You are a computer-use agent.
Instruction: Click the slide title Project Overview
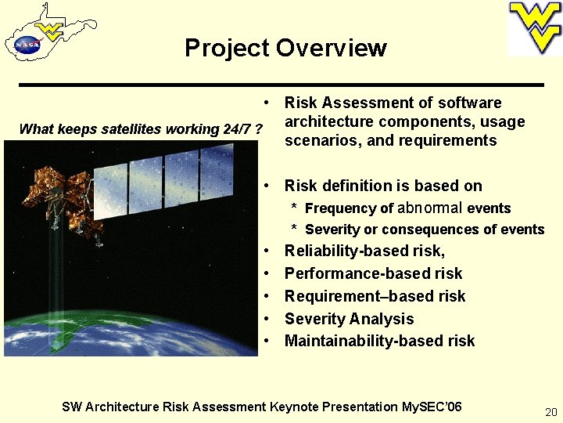285,48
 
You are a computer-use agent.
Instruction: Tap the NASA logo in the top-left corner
27,45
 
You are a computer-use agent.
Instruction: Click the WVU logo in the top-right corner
535,28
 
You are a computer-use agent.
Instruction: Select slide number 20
549,412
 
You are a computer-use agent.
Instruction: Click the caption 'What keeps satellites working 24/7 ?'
140,129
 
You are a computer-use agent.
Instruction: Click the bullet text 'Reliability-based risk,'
364,251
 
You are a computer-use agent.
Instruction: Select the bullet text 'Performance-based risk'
373,273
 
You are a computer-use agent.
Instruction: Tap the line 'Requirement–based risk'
375,296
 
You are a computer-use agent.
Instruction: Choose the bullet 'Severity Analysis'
349,319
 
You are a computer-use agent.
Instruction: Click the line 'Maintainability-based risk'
379,341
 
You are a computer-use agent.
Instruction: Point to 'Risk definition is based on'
383,186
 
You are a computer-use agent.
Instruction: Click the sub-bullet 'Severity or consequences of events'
424,230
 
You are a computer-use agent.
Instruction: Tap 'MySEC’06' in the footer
432,407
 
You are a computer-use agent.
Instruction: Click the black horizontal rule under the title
281,84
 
